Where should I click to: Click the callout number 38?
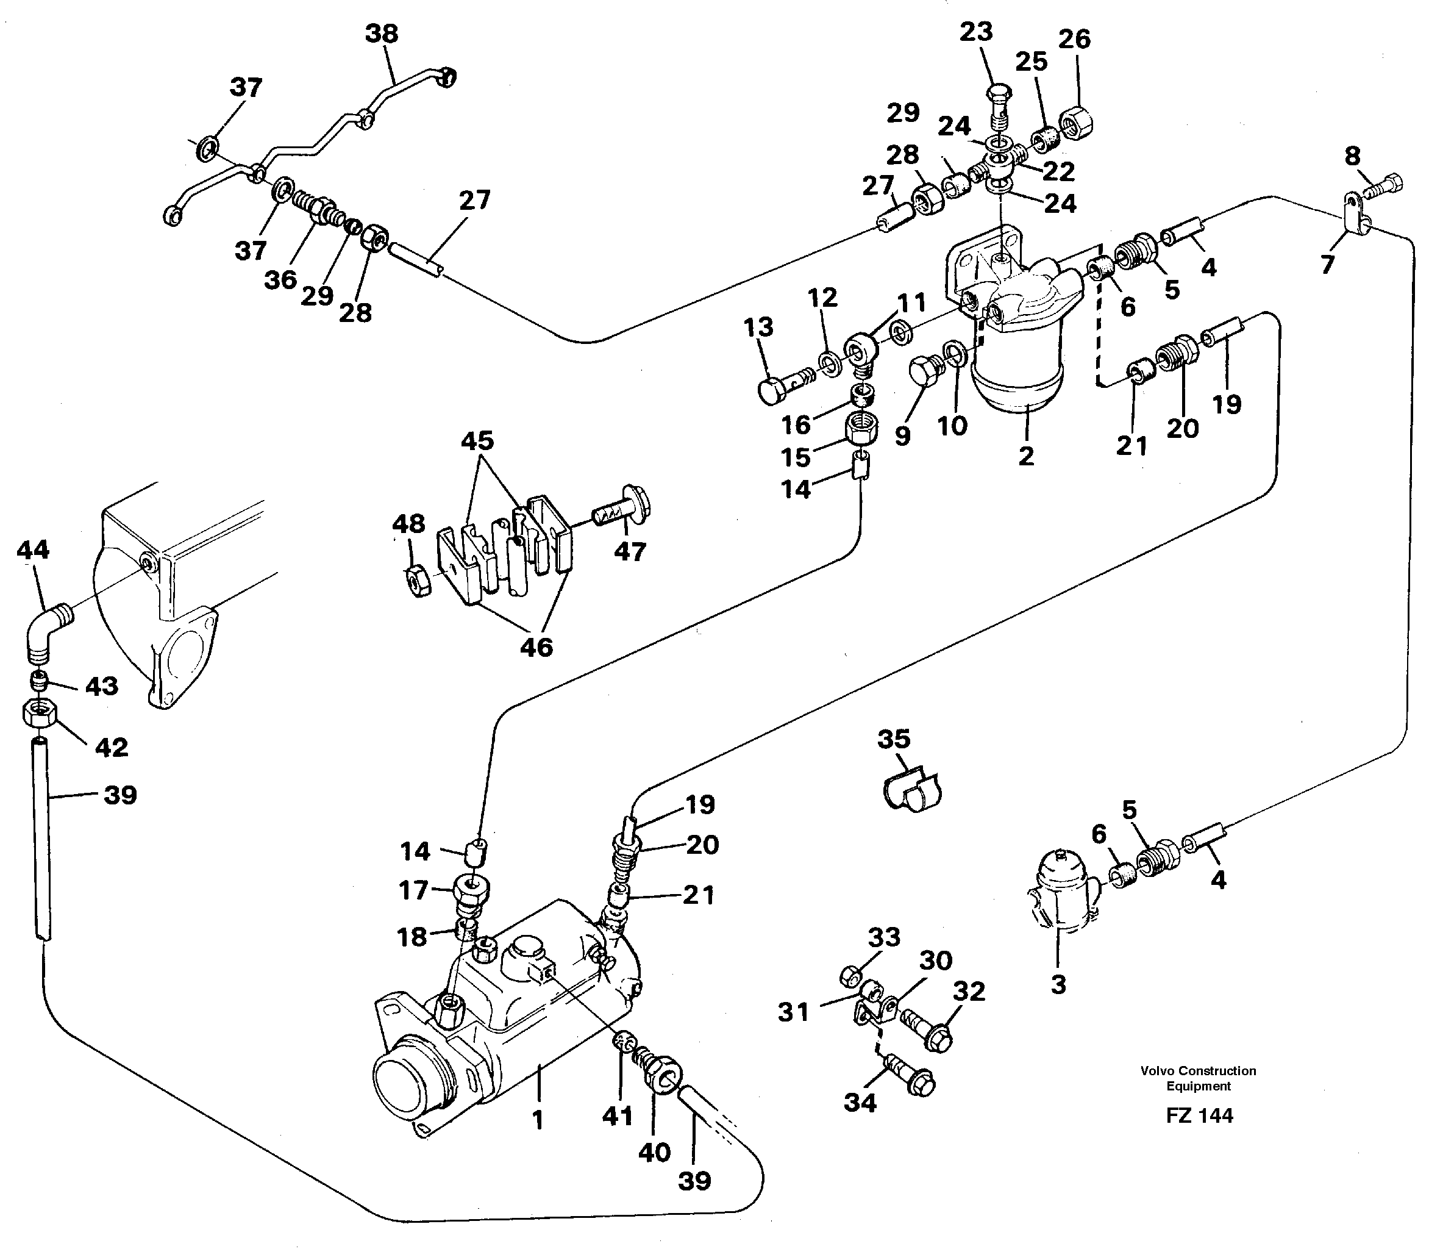point(381,34)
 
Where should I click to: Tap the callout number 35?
point(894,738)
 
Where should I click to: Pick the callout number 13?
point(758,326)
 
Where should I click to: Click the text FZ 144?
point(1199,1116)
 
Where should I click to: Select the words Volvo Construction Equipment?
point(1198,1078)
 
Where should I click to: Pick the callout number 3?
point(1058,985)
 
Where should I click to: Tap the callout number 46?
point(536,648)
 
